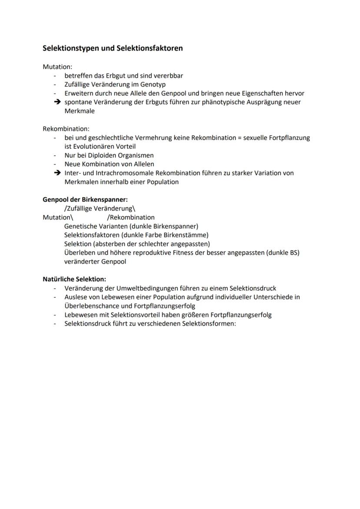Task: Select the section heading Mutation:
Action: tap(57, 67)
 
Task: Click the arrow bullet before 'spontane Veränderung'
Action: tap(57, 102)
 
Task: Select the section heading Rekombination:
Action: tap(66, 129)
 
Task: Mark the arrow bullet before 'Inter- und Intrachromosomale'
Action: tap(57, 173)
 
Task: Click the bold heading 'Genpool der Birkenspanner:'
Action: tap(85, 200)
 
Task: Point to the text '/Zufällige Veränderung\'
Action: tap(100, 209)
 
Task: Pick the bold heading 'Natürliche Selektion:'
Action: tap(74, 279)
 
